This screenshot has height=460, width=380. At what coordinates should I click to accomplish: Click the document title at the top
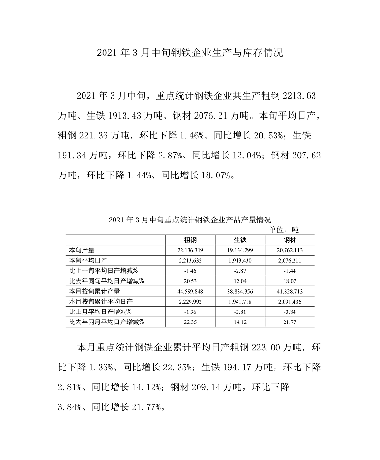(x=190, y=53)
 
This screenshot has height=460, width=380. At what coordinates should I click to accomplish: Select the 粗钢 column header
(x=190, y=240)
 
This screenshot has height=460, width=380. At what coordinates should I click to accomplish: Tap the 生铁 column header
(x=239, y=240)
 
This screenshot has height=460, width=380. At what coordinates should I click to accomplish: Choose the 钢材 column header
(x=289, y=240)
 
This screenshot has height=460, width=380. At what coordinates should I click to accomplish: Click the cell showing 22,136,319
(x=190, y=250)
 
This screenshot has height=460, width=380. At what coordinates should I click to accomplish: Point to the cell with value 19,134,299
(x=239, y=250)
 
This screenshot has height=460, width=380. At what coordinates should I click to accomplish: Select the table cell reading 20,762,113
(x=289, y=250)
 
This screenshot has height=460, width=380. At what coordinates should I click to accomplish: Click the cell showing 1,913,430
(x=239, y=260)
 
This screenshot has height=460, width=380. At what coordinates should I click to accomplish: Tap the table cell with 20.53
(x=190, y=281)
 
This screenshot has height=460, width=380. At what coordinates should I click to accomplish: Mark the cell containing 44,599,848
(x=190, y=291)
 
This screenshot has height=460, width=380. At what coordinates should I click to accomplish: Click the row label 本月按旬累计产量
(x=95, y=291)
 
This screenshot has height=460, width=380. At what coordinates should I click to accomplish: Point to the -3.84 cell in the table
(x=289, y=312)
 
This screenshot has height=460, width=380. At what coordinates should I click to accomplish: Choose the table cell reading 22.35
(x=190, y=322)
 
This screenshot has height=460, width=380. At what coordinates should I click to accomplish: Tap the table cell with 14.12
(x=239, y=322)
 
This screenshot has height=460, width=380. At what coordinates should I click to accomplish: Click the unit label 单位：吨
(x=284, y=229)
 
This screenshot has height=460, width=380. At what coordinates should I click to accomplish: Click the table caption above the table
(x=190, y=220)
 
